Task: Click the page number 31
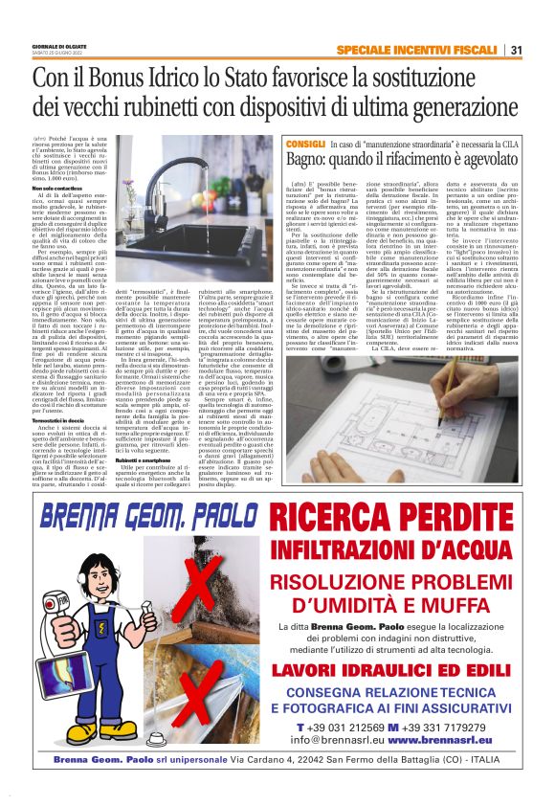517,50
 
